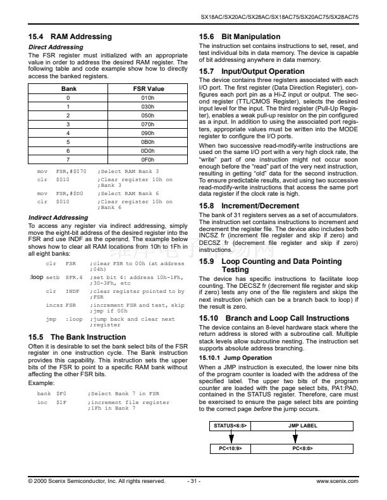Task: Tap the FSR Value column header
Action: point(148,89)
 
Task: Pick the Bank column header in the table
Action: point(68,89)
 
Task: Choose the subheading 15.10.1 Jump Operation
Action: point(227,357)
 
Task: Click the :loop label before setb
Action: point(36,277)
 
